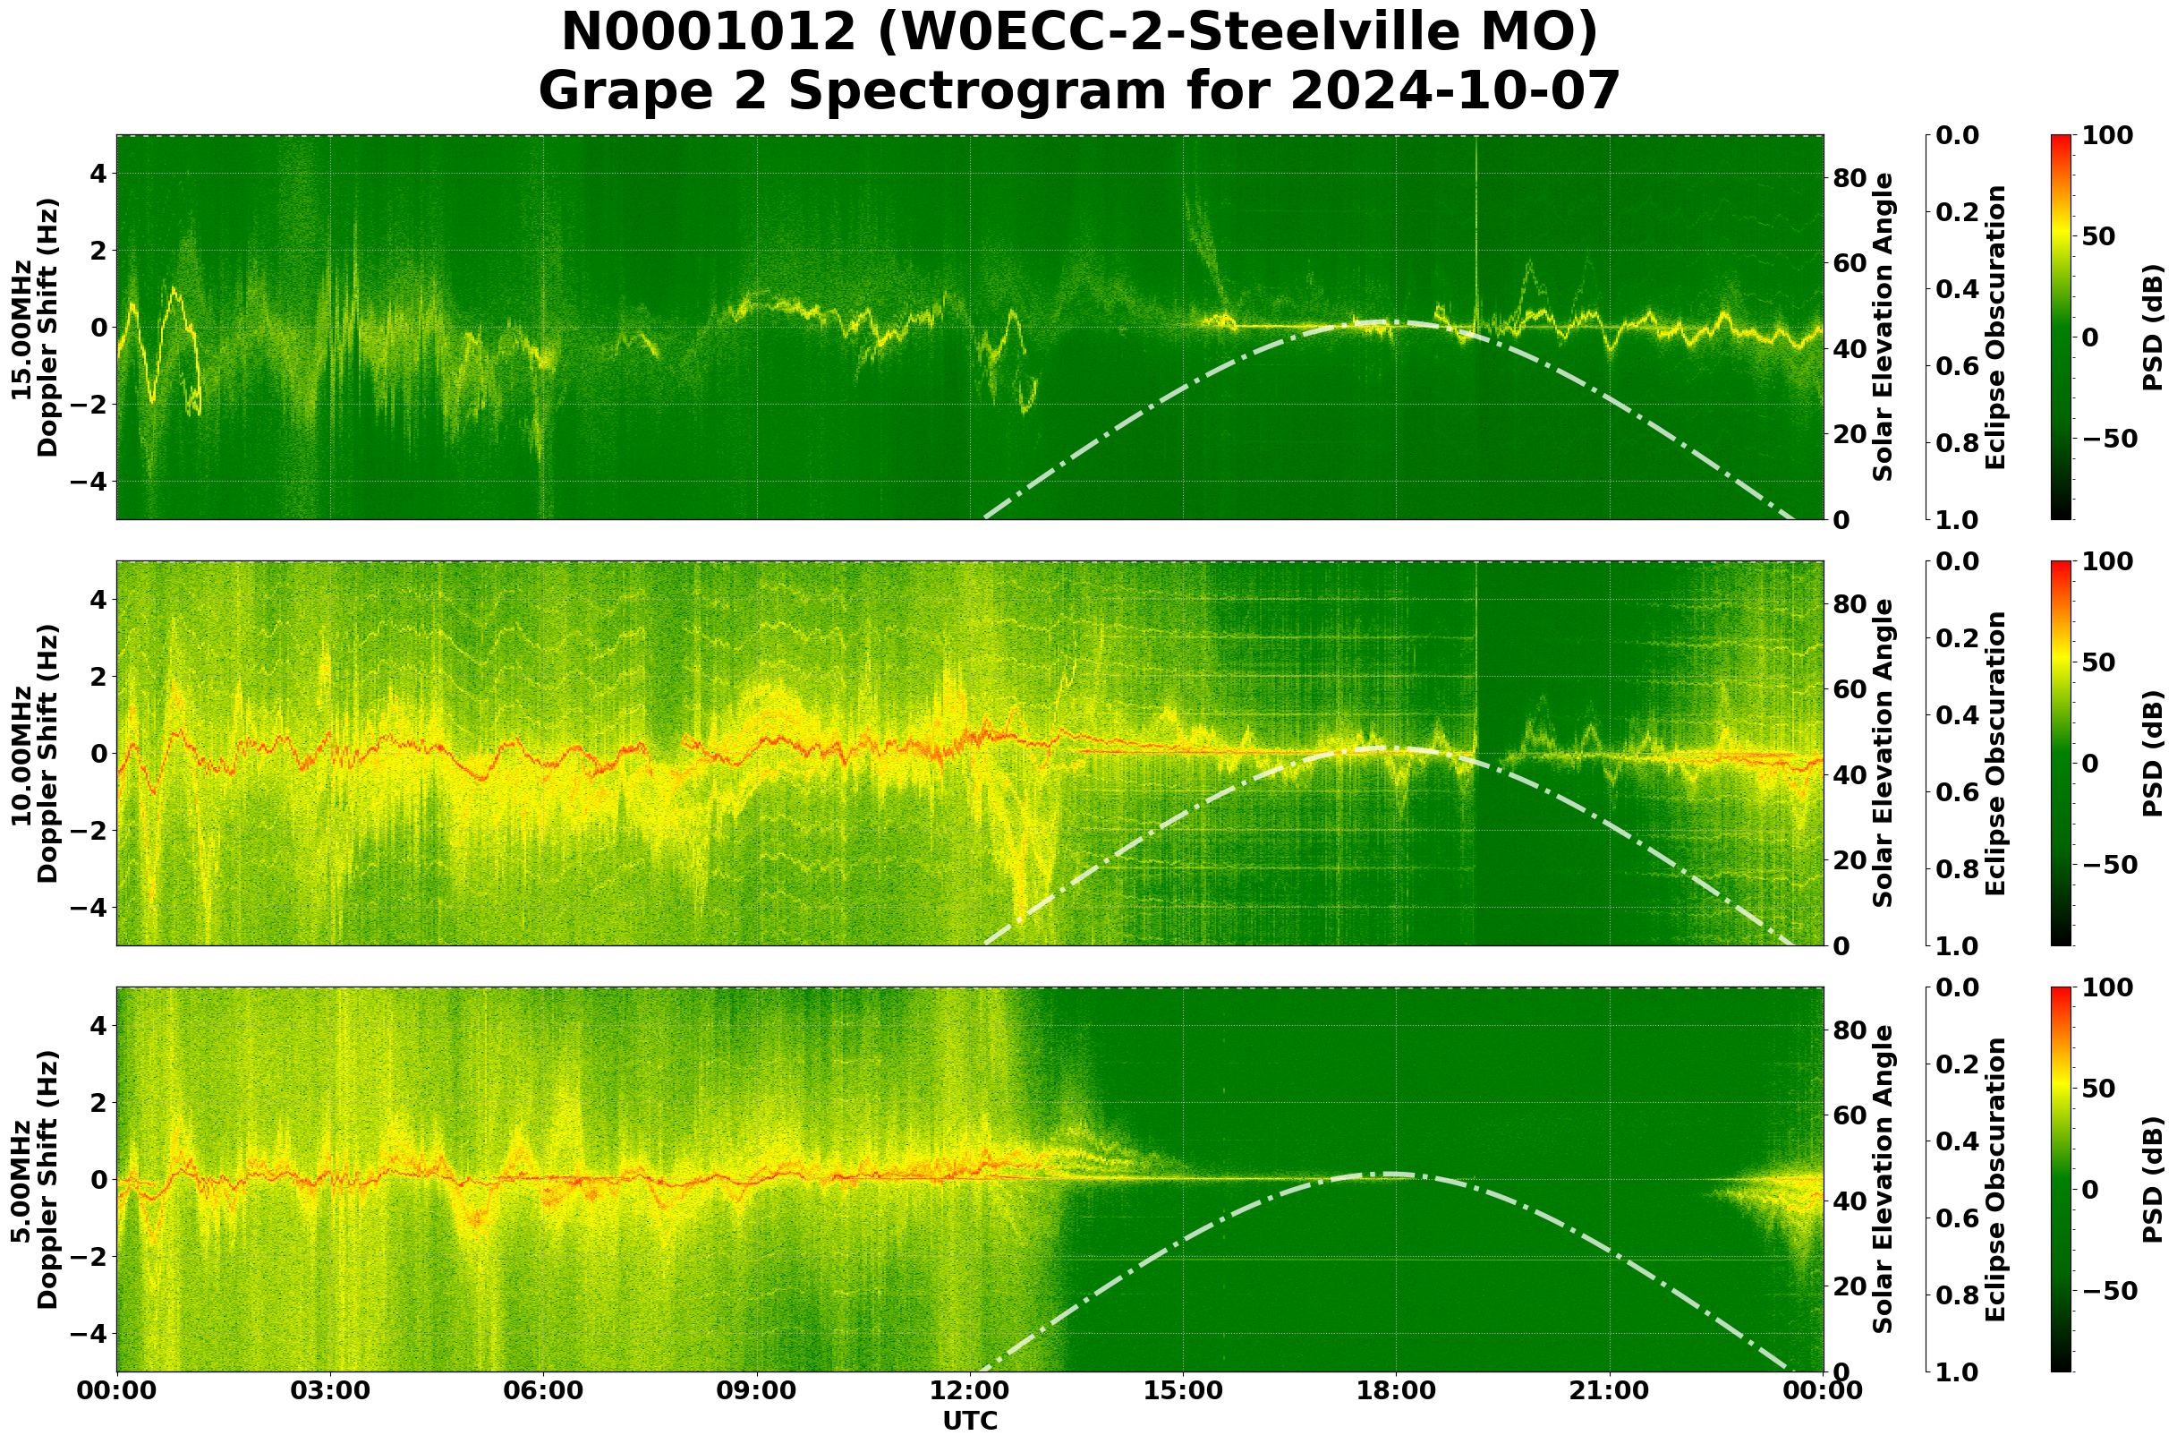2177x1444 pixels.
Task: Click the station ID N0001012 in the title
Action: (709, 33)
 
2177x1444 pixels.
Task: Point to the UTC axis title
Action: (970, 1421)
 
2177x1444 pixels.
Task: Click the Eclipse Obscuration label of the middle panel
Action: (1994, 753)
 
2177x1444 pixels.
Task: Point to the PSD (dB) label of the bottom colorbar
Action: (2153, 1180)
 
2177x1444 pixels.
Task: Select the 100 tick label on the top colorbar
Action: (2106, 135)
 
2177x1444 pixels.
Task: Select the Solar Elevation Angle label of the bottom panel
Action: (1884, 1180)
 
